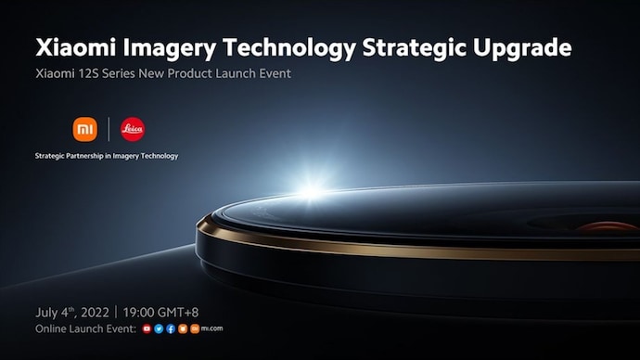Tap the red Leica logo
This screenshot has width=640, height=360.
[x=133, y=128]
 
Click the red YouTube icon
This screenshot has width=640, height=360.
[x=147, y=329]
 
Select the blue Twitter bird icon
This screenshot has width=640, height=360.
[x=159, y=329]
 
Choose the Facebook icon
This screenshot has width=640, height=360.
[x=171, y=329]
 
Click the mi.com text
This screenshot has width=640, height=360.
[x=211, y=329]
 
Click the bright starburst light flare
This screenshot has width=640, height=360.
[x=308, y=188]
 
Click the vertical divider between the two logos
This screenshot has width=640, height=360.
[x=109, y=128]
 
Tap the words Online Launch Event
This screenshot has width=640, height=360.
[x=85, y=329]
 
